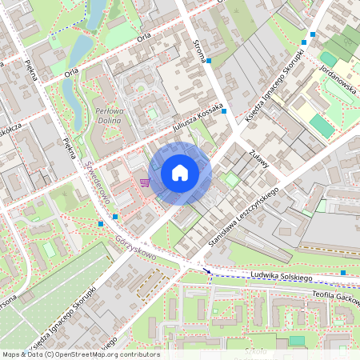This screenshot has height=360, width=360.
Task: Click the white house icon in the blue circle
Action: coord(180,172)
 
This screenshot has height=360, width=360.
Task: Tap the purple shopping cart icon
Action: coord(144,182)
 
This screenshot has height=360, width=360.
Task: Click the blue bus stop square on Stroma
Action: coord(209,61)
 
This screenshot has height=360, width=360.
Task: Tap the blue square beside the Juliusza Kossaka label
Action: coord(225,110)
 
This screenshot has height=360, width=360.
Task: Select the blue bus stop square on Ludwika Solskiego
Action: coord(342,273)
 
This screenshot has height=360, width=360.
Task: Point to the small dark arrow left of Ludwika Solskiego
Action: coord(211,273)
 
